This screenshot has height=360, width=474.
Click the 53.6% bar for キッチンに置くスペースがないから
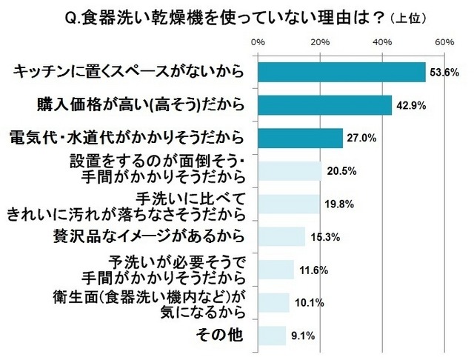[x=341, y=72]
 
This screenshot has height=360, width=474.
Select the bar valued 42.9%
[x=324, y=105]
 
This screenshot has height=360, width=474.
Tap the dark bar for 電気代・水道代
[x=300, y=138]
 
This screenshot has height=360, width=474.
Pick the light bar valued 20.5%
[x=290, y=171]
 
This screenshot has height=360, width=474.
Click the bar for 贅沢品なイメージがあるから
[x=281, y=236]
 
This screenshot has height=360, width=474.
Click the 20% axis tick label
[x=320, y=43]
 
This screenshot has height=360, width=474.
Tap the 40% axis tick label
[x=382, y=43]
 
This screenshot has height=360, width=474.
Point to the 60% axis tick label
[x=444, y=43]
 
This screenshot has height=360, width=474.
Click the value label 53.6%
[x=446, y=73]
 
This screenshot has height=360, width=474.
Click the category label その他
[x=221, y=335]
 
